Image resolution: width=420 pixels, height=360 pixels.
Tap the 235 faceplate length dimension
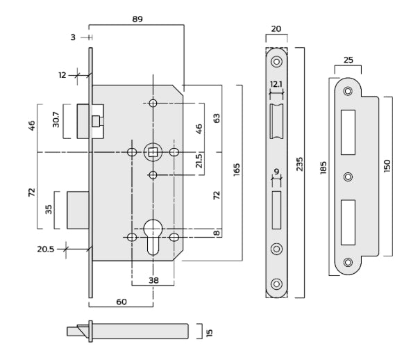coord(300,165)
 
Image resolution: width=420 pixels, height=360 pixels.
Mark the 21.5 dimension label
coord(199,161)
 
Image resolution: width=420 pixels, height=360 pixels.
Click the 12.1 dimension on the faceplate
coord(276,84)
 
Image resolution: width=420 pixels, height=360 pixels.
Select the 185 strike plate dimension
coord(324,170)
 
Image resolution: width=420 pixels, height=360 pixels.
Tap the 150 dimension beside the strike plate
coord(387,166)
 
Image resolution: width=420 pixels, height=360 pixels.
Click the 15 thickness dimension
coord(208,332)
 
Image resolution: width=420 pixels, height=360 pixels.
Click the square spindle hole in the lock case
coord(153,152)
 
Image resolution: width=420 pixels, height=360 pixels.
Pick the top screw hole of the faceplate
coord(277,62)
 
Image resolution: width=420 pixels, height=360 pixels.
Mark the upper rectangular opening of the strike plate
coord(348,131)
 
